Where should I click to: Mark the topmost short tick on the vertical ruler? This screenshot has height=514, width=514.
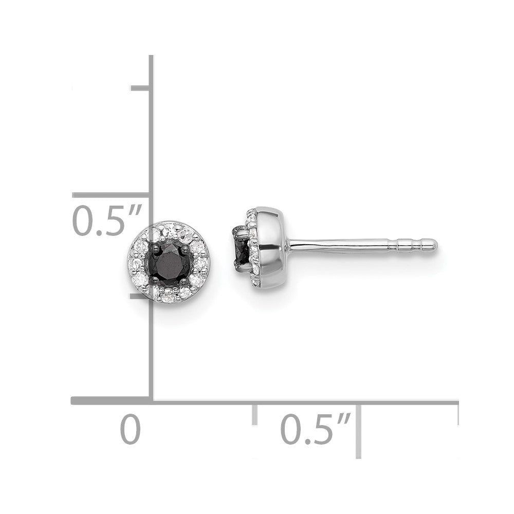[140, 88]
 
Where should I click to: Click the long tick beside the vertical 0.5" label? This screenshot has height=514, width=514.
[111, 195]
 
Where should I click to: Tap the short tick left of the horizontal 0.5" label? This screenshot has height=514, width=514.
[254, 414]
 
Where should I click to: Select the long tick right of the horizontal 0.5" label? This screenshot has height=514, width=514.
[358, 429]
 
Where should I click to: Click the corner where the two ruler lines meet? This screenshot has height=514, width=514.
[151, 400]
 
